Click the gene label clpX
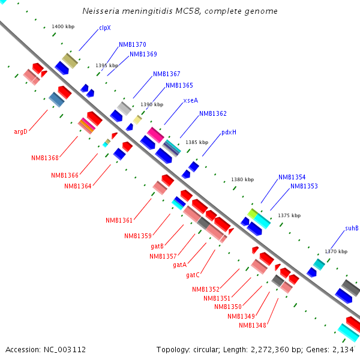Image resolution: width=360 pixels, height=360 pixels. (104, 27)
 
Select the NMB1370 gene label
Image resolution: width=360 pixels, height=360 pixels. (132, 44)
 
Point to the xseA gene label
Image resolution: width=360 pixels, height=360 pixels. (190, 101)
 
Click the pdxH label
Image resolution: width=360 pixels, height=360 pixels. (229, 133)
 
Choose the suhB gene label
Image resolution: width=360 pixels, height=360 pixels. (352, 228)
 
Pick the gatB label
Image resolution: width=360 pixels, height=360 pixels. (157, 246)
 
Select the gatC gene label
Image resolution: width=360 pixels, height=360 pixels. (193, 275)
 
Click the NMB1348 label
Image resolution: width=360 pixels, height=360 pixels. (251, 325)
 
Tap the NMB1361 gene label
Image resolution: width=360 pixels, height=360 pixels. (118, 220)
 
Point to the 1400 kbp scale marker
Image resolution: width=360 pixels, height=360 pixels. (63, 27)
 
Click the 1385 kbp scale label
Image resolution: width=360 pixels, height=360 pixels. (197, 142)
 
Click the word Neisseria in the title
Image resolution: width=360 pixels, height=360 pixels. (103, 11)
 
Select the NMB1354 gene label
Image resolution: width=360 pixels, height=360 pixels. (292, 178)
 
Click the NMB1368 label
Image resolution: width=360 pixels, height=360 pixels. (45, 158)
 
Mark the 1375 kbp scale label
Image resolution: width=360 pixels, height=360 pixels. (290, 215)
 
